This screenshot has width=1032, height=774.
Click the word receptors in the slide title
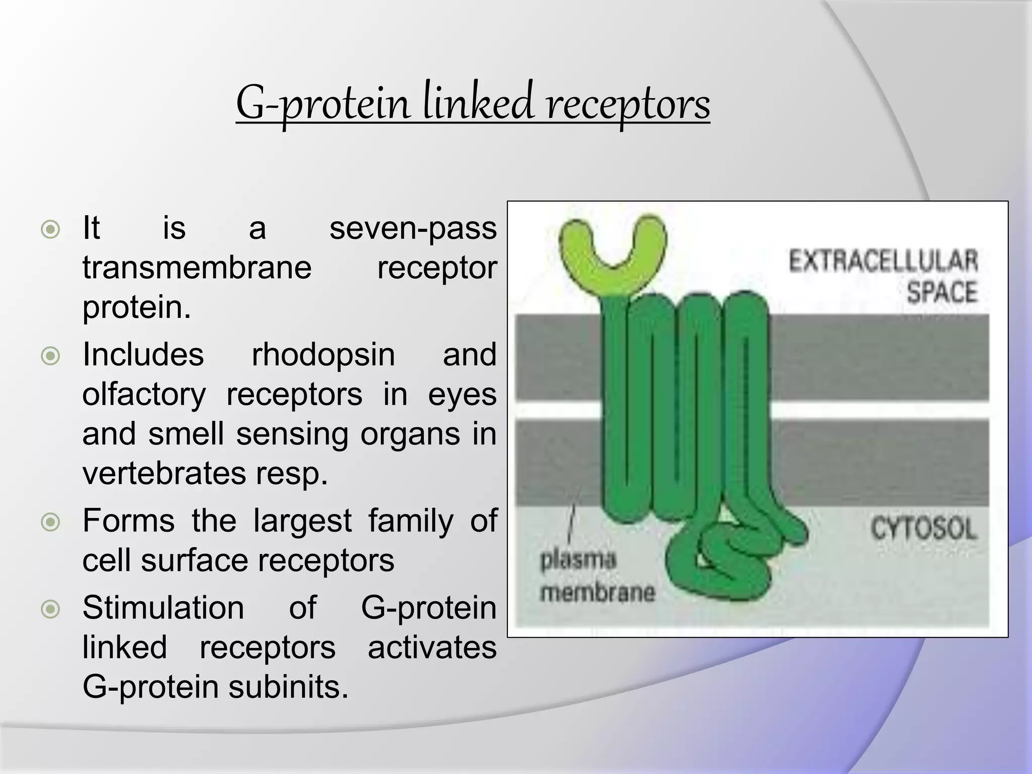coord(628,103)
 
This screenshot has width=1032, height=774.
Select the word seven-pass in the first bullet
coord(413,228)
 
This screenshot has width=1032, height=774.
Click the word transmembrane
coord(197,268)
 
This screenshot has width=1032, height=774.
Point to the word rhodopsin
coord(323,355)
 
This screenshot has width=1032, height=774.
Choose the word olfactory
coord(144,395)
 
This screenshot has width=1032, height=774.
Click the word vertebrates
coord(163,474)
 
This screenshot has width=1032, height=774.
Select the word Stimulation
coord(163,608)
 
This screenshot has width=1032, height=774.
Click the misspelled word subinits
coord(288,687)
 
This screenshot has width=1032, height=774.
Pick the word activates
coord(432,648)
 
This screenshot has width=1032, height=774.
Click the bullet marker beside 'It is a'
coord(50,230)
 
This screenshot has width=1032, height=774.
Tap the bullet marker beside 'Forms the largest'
coord(50,522)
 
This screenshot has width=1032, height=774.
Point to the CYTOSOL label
coord(923,529)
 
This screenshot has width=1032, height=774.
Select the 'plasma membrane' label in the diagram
coord(597,576)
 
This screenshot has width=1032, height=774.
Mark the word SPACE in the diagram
coord(942,292)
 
